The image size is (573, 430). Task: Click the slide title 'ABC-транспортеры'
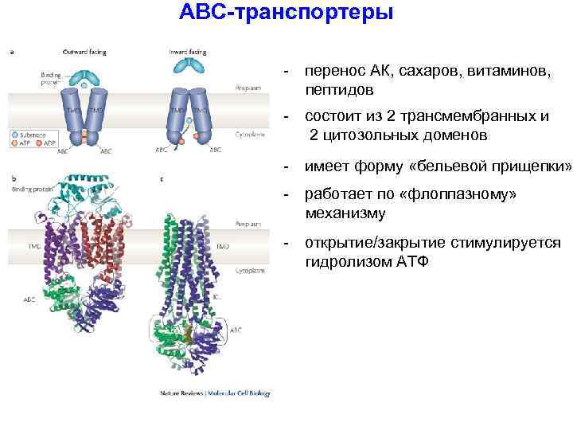(x=286, y=14)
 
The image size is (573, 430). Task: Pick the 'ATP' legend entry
(x=25, y=144)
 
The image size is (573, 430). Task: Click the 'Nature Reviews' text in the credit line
(x=178, y=392)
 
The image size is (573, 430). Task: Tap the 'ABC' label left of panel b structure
(x=29, y=300)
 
